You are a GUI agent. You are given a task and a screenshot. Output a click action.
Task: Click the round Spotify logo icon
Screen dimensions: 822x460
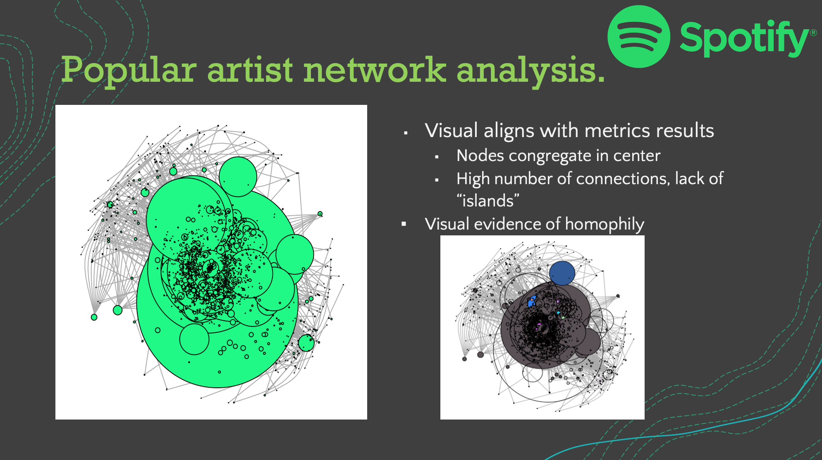[639, 36]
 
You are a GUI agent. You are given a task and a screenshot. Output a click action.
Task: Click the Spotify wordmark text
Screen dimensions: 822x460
[744, 38]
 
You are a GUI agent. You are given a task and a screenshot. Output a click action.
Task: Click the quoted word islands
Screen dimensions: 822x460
[488, 201]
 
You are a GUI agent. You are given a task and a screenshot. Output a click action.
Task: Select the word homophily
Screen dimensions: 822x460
[605, 225]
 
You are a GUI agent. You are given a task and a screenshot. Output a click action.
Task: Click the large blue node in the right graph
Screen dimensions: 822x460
[562, 273]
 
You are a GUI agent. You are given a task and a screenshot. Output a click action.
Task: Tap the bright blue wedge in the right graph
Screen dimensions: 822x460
[532, 301]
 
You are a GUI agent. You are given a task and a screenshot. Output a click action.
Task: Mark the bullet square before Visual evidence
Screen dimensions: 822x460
[404, 224]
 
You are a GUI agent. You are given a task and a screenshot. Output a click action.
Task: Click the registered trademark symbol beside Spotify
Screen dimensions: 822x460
[813, 33]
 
